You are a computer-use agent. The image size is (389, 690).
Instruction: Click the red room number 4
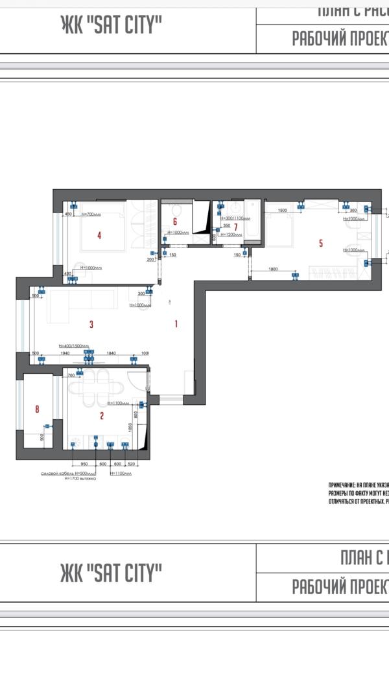(x=99, y=236)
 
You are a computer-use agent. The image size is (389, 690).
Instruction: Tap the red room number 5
(x=320, y=244)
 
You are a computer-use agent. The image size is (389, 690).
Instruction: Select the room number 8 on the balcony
(x=37, y=409)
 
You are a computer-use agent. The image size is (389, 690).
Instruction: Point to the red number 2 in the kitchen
(x=102, y=416)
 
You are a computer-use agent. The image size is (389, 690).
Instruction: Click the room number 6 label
(x=174, y=222)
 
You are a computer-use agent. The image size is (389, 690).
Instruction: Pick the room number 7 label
(x=236, y=226)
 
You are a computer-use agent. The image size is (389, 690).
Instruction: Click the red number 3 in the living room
(x=91, y=324)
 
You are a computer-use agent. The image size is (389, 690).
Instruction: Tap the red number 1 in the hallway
(x=175, y=324)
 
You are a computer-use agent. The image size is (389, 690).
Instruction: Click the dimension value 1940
(x=65, y=354)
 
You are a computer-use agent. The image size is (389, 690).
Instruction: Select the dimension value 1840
(x=111, y=354)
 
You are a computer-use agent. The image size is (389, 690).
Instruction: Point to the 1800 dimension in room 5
(x=273, y=269)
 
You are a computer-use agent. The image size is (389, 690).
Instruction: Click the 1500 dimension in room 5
(x=282, y=211)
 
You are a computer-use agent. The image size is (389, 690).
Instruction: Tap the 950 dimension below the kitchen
(x=84, y=464)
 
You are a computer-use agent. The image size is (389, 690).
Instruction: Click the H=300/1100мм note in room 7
(x=235, y=218)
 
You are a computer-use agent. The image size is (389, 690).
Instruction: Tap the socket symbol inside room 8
(x=47, y=426)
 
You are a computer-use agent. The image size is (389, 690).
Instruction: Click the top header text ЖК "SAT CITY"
(x=111, y=25)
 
